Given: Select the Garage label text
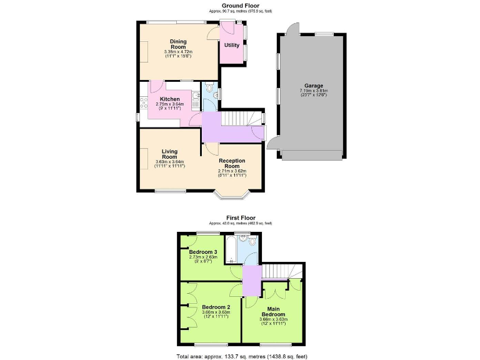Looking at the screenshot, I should coord(313,86).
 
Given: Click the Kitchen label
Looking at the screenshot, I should coord(170,99).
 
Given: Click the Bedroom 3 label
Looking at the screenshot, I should coord(203,252).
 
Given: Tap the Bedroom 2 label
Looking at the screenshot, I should coord(216,307).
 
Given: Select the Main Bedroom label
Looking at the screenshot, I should coord(272,311).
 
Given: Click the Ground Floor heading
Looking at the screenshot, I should coord(240,6).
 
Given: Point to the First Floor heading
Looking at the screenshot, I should coord(240,217).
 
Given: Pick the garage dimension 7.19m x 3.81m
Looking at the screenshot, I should coord(313,91).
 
